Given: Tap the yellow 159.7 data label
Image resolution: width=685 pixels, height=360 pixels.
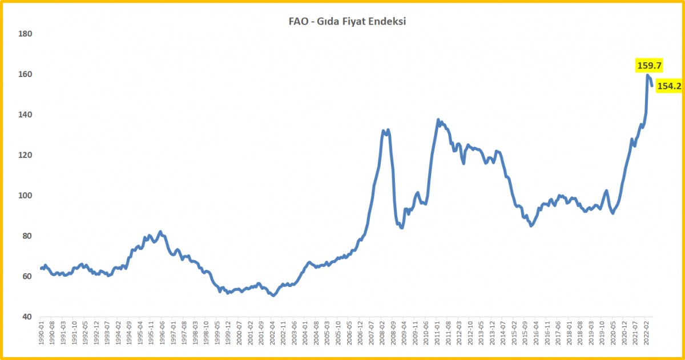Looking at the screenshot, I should (x=649, y=66).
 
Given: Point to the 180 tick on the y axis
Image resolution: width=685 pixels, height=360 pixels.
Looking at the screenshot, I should (x=26, y=34).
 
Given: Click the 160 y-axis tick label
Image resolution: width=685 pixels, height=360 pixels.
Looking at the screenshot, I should (x=26, y=75).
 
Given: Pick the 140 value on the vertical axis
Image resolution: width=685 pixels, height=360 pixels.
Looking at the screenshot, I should (x=26, y=115).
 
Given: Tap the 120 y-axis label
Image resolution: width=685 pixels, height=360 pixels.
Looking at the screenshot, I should (x=26, y=155).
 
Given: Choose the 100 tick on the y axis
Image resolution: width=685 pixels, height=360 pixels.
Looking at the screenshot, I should (x=26, y=196).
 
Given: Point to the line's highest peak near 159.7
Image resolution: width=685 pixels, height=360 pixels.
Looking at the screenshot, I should (x=648, y=75).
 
